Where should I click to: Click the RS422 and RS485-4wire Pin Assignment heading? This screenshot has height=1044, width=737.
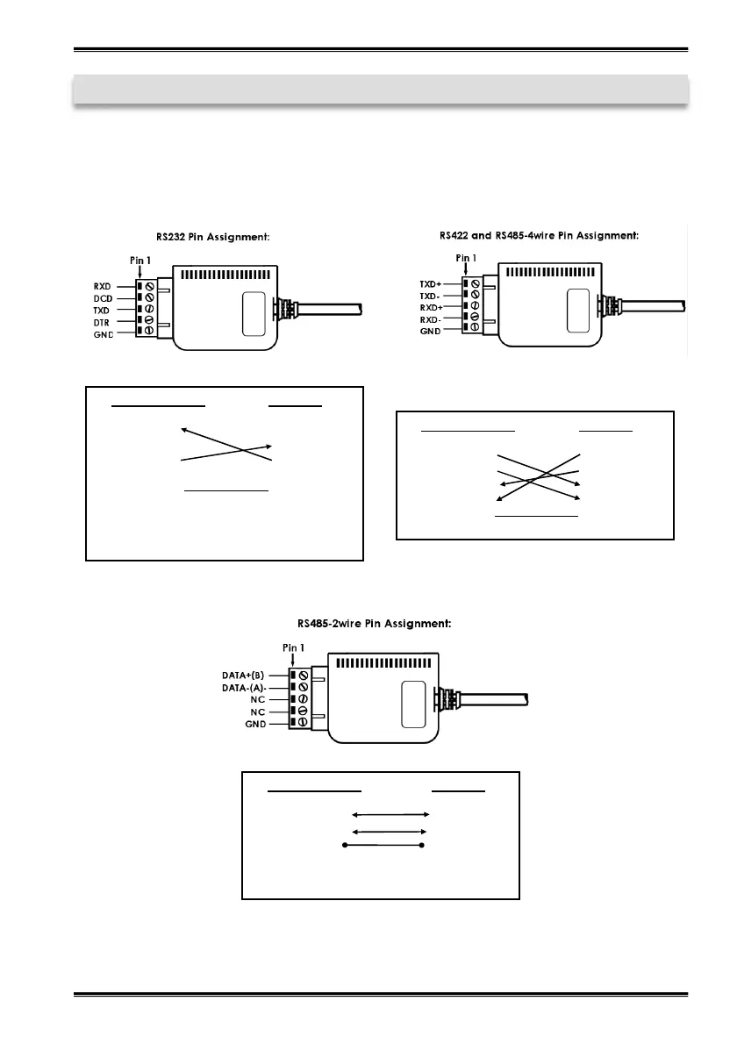pyautogui.click(x=539, y=234)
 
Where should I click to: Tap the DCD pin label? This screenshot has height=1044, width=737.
pyautogui.click(x=104, y=298)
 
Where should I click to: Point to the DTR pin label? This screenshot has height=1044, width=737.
pyautogui.click(x=104, y=324)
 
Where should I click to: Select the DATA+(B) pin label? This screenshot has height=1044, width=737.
pyautogui.click(x=247, y=676)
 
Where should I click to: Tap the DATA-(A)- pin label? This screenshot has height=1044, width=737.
pyautogui.click(x=247, y=689)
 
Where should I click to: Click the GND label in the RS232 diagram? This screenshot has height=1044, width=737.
pyautogui.click(x=104, y=336)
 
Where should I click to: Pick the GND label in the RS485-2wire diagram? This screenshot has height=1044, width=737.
pyautogui.click(x=257, y=726)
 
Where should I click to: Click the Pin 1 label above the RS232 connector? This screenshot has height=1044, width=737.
pyautogui.click(x=140, y=261)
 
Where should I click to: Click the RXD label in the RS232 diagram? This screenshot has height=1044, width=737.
pyautogui.click(x=104, y=286)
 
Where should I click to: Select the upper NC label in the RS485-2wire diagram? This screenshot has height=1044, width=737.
pyautogui.click(x=260, y=701)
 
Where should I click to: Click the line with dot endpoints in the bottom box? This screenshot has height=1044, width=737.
pyautogui.click(x=383, y=846)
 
